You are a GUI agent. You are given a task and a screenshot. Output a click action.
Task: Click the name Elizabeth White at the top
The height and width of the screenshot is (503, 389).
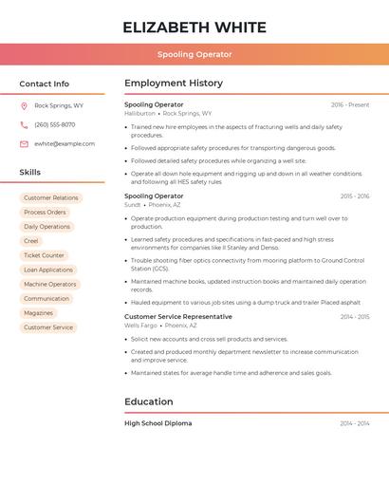(194, 27)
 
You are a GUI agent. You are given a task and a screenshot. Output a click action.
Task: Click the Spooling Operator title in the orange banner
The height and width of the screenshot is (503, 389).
(194, 54)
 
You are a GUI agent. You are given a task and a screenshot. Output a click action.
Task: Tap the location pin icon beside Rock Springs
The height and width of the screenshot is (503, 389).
(24, 106)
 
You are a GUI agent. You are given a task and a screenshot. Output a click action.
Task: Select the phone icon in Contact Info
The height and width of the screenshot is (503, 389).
(24, 125)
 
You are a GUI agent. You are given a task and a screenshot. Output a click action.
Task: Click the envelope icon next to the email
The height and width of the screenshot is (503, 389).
(24, 144)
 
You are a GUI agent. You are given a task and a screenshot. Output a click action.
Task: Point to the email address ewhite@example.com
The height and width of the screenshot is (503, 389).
(65, 144)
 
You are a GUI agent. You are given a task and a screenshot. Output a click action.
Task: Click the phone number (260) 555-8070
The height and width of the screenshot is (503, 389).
(54, 125)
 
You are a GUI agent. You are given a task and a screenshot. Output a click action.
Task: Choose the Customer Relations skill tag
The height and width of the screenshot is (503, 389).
(51, 198)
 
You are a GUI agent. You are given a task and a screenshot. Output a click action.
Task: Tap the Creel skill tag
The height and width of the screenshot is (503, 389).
(31, 241)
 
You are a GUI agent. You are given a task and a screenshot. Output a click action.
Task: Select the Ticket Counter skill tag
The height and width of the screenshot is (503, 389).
(44, 255)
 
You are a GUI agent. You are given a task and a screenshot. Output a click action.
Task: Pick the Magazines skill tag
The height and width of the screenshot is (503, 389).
(38, 313)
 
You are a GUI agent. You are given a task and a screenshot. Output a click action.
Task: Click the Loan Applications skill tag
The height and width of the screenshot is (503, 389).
(48, 270)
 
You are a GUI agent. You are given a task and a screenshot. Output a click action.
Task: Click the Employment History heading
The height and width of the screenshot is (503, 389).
(174, 84)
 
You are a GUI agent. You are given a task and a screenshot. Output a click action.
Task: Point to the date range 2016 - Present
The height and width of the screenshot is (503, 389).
(350, 104)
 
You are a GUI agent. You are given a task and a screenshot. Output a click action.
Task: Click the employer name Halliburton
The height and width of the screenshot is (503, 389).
(139, 113)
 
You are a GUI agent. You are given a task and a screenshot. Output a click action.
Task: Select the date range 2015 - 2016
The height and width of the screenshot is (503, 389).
(355, 196)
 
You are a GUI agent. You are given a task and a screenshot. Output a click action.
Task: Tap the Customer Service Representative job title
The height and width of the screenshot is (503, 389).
(178, 316)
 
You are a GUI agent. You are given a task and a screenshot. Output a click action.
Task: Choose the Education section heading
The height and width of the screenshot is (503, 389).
(149, 401)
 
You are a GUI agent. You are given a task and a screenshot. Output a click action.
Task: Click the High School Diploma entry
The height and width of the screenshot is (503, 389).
(157, 423)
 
